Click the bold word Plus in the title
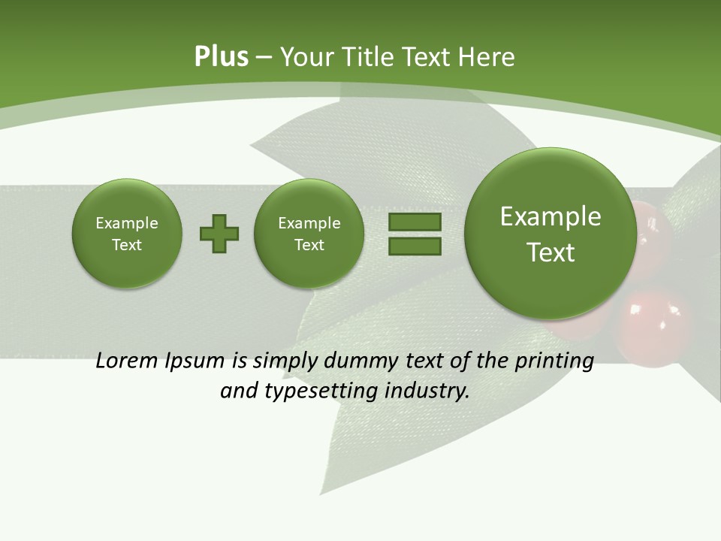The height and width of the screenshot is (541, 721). tap(221, 57)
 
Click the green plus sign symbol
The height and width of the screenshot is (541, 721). tap(219, 233)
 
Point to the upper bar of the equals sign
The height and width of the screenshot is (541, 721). tap(415, 222)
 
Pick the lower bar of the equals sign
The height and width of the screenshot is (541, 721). tap(415, 246)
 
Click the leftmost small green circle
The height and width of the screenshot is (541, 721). tap(127, 234)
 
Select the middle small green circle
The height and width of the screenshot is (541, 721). tap(309, 234)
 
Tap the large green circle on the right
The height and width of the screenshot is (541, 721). tap(551, 234)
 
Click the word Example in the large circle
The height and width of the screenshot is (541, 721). tap(551, 216)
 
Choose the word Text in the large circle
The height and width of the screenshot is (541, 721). tap(551, 252)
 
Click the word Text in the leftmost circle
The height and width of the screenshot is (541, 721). tap(127, 245)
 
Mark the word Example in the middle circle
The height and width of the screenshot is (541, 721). tap(309, 223)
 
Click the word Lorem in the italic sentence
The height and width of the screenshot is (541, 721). tap(128, 361)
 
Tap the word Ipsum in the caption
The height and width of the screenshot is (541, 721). tap(196, 361)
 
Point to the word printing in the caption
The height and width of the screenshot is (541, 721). tap(554, 361)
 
